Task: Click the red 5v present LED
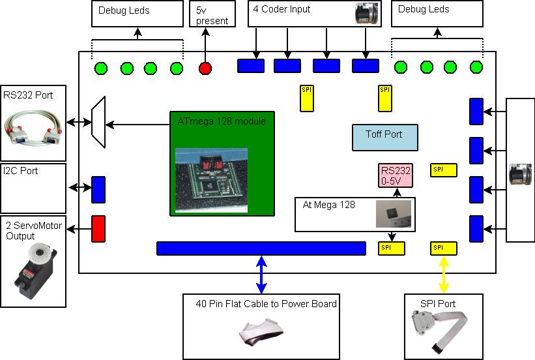point(206,68)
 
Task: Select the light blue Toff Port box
point(384,137)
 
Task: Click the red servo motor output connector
point(98,228)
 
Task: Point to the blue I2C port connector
point(98,189)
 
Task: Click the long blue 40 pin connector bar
point(261,248)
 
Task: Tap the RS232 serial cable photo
point(33,130)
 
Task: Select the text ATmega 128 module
point(222,121)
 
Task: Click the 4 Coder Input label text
point(283,10)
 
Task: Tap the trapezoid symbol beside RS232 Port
point(98,123)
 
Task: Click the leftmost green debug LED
point(101,68)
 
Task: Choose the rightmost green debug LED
point(476,67)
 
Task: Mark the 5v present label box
point(212,14)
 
